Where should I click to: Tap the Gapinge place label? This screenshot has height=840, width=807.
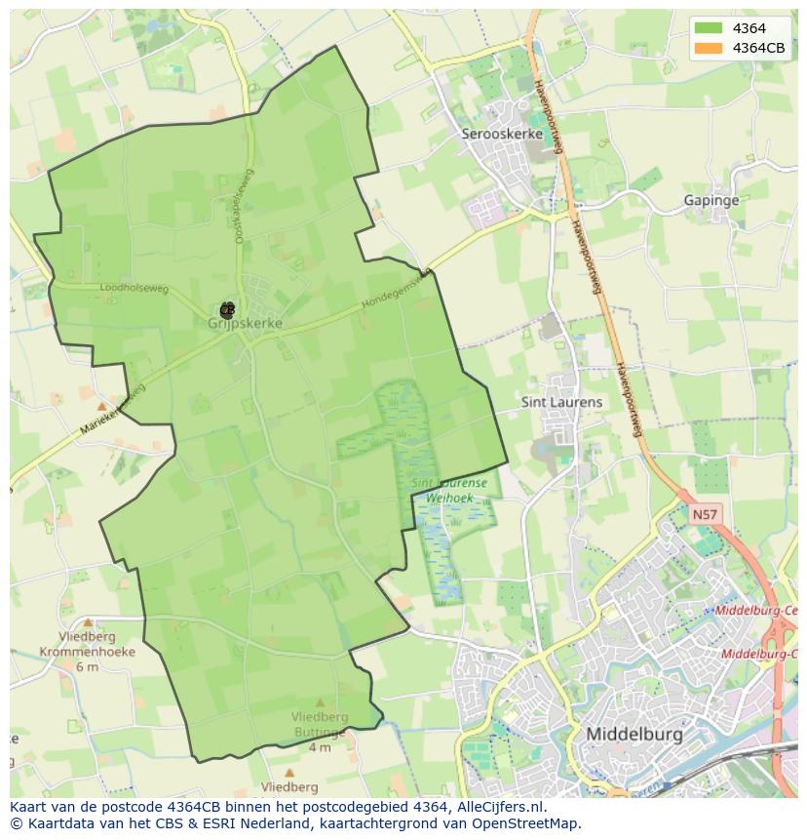[x=711, y=200]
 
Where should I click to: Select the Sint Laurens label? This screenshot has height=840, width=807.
[x=562, y=402]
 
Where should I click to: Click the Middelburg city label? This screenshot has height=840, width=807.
[x=634, y=733]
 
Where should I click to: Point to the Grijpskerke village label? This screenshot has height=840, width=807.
[x=246, y=323]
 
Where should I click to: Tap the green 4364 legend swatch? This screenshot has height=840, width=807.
[x=707, y=28]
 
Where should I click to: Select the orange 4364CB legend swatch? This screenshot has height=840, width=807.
[x=707, y=48]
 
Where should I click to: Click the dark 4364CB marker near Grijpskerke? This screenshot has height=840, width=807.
[x=227, y=311]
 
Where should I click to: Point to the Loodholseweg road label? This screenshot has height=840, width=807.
[x=134, y=289]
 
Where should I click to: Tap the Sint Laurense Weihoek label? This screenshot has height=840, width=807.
[x=449, y=490]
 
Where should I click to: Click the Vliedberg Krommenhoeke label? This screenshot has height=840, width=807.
[x=87, y=644]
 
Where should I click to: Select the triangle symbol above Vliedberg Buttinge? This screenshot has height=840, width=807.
[x=320, y=702]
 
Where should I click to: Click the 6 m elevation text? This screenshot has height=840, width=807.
[x=87, y=667]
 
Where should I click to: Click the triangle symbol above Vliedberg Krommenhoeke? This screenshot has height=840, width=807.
[x=88, y=621]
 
